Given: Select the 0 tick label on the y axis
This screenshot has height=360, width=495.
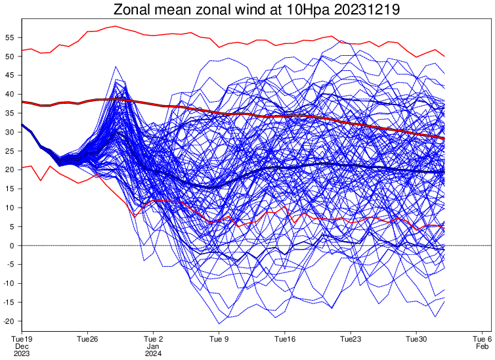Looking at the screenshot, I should (x=13, y=246).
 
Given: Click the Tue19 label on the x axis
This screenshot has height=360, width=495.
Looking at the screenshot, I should (x=22, y=340).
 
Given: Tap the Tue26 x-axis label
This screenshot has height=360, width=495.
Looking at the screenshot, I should (x=87, y=340).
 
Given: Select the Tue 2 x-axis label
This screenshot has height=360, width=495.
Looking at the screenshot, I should (x=153, y=340).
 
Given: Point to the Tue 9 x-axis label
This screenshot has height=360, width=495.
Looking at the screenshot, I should (x=219, y=340).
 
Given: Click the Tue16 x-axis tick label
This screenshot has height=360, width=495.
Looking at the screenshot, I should (x=285, y=340).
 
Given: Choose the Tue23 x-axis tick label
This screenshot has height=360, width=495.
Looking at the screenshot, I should (x=351, y=340).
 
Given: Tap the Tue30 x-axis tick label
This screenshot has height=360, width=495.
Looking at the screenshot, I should (x=416, y=340).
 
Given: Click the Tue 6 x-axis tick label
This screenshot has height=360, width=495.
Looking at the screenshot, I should (x=483, y=340).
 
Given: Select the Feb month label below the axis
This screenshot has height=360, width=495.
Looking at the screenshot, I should (x=483, y=346).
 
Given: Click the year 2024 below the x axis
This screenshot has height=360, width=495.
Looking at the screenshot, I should (x=153, y=353).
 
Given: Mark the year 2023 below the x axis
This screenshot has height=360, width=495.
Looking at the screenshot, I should (x=22, y=353).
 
